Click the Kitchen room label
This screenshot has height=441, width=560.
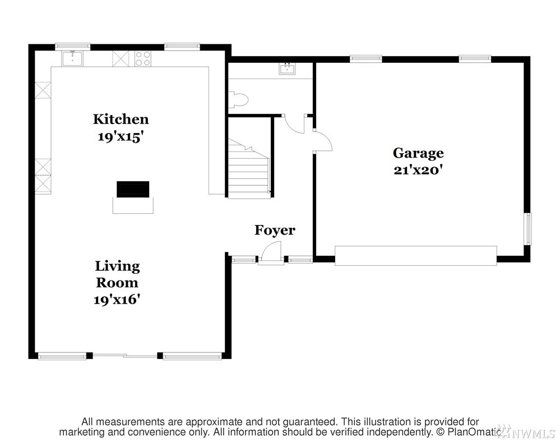pyautogui.click(x=121, y=119)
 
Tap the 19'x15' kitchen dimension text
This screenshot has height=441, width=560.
pyautogui.click(x=121, y=136)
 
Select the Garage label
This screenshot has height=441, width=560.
pyautogui.click(x=418, y=153)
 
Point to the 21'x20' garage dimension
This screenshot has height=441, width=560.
pyautogui.click(x=418, y=170)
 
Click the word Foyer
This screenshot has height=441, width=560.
pyautogui.click(x=275, y=231)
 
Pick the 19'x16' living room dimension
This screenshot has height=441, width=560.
pyautogui.click(x=117, y=299)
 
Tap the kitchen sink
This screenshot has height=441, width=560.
pyautogui.click(x=72, y=58)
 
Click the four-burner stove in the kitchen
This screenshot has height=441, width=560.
pyautogui.click(x=143, y=58)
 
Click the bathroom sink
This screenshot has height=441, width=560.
pyautogui.click(x=287, y=68)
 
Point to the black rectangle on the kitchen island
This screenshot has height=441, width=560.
pyautogui.click(x=133, y=189)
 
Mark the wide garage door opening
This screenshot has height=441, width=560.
pyautogui.click(x=416, y=255)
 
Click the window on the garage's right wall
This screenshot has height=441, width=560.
pyautogui.click(x=527, y=229)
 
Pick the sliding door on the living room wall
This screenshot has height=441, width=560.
pyautogui.click(x=124, y=356)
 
